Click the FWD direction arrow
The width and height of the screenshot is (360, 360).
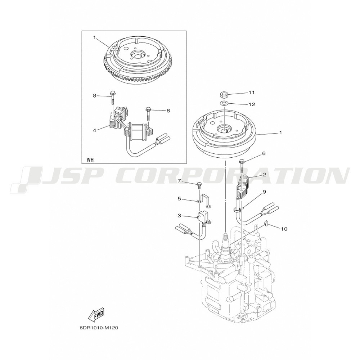click(96, 315)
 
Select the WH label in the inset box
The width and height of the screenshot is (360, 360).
click(90, 160)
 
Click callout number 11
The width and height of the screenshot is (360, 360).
click(252, 93)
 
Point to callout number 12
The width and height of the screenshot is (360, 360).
click(252, 104)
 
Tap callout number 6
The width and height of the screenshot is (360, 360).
click(264, 153)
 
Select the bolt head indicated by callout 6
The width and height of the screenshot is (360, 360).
click(242, 161)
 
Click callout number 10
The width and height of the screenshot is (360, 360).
click(284, 229)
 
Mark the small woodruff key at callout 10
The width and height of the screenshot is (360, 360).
click(266, 222)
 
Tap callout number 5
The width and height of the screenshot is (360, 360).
click(179, 199)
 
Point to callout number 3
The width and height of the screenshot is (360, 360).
click(179, 216)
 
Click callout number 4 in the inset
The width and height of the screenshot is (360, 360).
click(94, 130)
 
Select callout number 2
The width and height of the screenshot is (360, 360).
click(265, 175)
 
